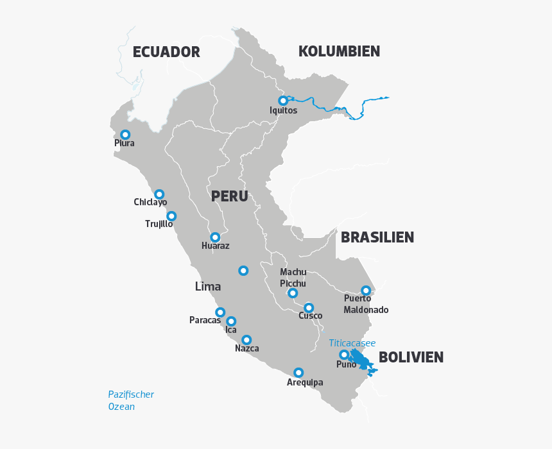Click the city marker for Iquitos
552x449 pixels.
click(282, 101)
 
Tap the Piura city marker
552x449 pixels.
click(125, 135)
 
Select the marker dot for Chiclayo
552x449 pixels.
click(159, 194)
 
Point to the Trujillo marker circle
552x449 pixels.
click(171, 216)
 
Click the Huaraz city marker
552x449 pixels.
click(215, 237)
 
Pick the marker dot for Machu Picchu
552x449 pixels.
click(293, 293)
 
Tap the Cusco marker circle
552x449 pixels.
click(309, 308)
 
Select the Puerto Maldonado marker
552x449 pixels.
click(366, 291)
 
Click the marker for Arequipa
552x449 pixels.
click(298, 373)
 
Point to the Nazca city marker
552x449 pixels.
click(246, 340)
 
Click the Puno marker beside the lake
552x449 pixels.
click(344, 355)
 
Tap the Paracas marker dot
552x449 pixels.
click(220, 312)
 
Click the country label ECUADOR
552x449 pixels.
click(166, 53)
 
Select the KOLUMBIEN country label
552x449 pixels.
click(339, 51)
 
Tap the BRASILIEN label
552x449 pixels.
click(377, 237)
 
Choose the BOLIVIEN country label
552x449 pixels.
click(411, 357)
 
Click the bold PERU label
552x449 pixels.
click(229, 196)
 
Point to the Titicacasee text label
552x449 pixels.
click(352, 343)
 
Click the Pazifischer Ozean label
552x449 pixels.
click(131, 400)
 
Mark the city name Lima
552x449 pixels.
click(208, 287)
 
